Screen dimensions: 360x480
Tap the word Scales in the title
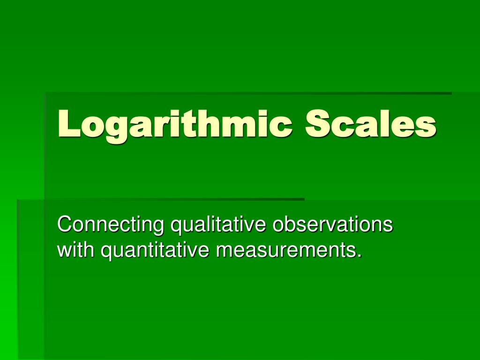click(x=371, y=124)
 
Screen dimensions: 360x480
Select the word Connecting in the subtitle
click(x=111, y=225)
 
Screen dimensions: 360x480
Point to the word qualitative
click(x=218, y=225)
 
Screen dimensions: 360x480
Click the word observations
click(x=332, y=225)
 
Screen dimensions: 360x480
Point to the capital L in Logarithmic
click(x=67, y=124)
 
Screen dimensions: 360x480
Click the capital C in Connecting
click(x=64, y=225)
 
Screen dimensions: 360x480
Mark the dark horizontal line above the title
click(x=248, y=93)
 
